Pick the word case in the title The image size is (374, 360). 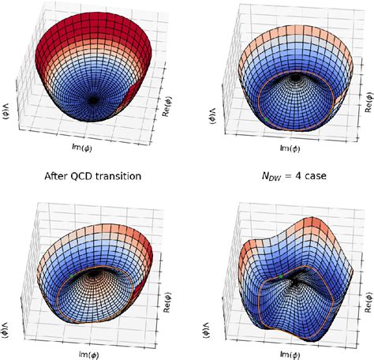point(314,176)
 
